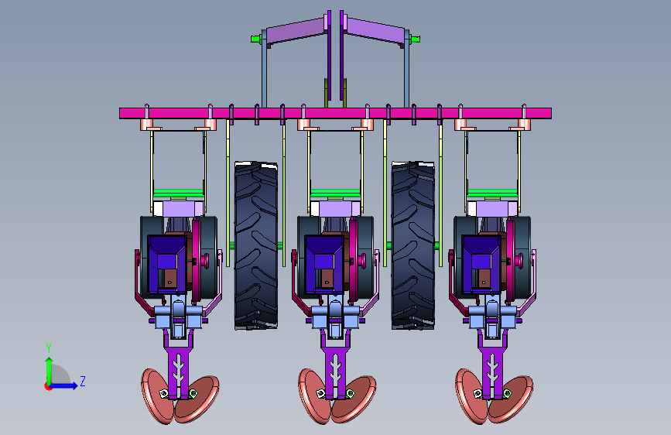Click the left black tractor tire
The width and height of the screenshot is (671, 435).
pyautogui.click(x=256, y=245)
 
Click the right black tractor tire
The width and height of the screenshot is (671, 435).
pyautogui.click(x=413, y=245)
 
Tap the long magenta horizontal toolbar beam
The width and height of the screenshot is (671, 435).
pyautogui.click(x=335, y=114)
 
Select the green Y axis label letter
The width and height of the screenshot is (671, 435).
pyautogui.click(x=49, y=348)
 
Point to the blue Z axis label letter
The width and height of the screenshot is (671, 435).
pyautogui.click(x=83, y=381)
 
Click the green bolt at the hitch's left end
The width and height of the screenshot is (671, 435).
pyautogui.click(x=256, y=39)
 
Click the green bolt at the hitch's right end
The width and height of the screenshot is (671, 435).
pyautogui.click(x=414, y=39)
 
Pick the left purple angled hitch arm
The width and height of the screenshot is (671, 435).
pyautogui.click(x=296, y=30)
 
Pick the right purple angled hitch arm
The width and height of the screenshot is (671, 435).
pyautogui.click(x=375, y=30)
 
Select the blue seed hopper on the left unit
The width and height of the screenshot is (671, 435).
pyautogui.click(x=167, y=264)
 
